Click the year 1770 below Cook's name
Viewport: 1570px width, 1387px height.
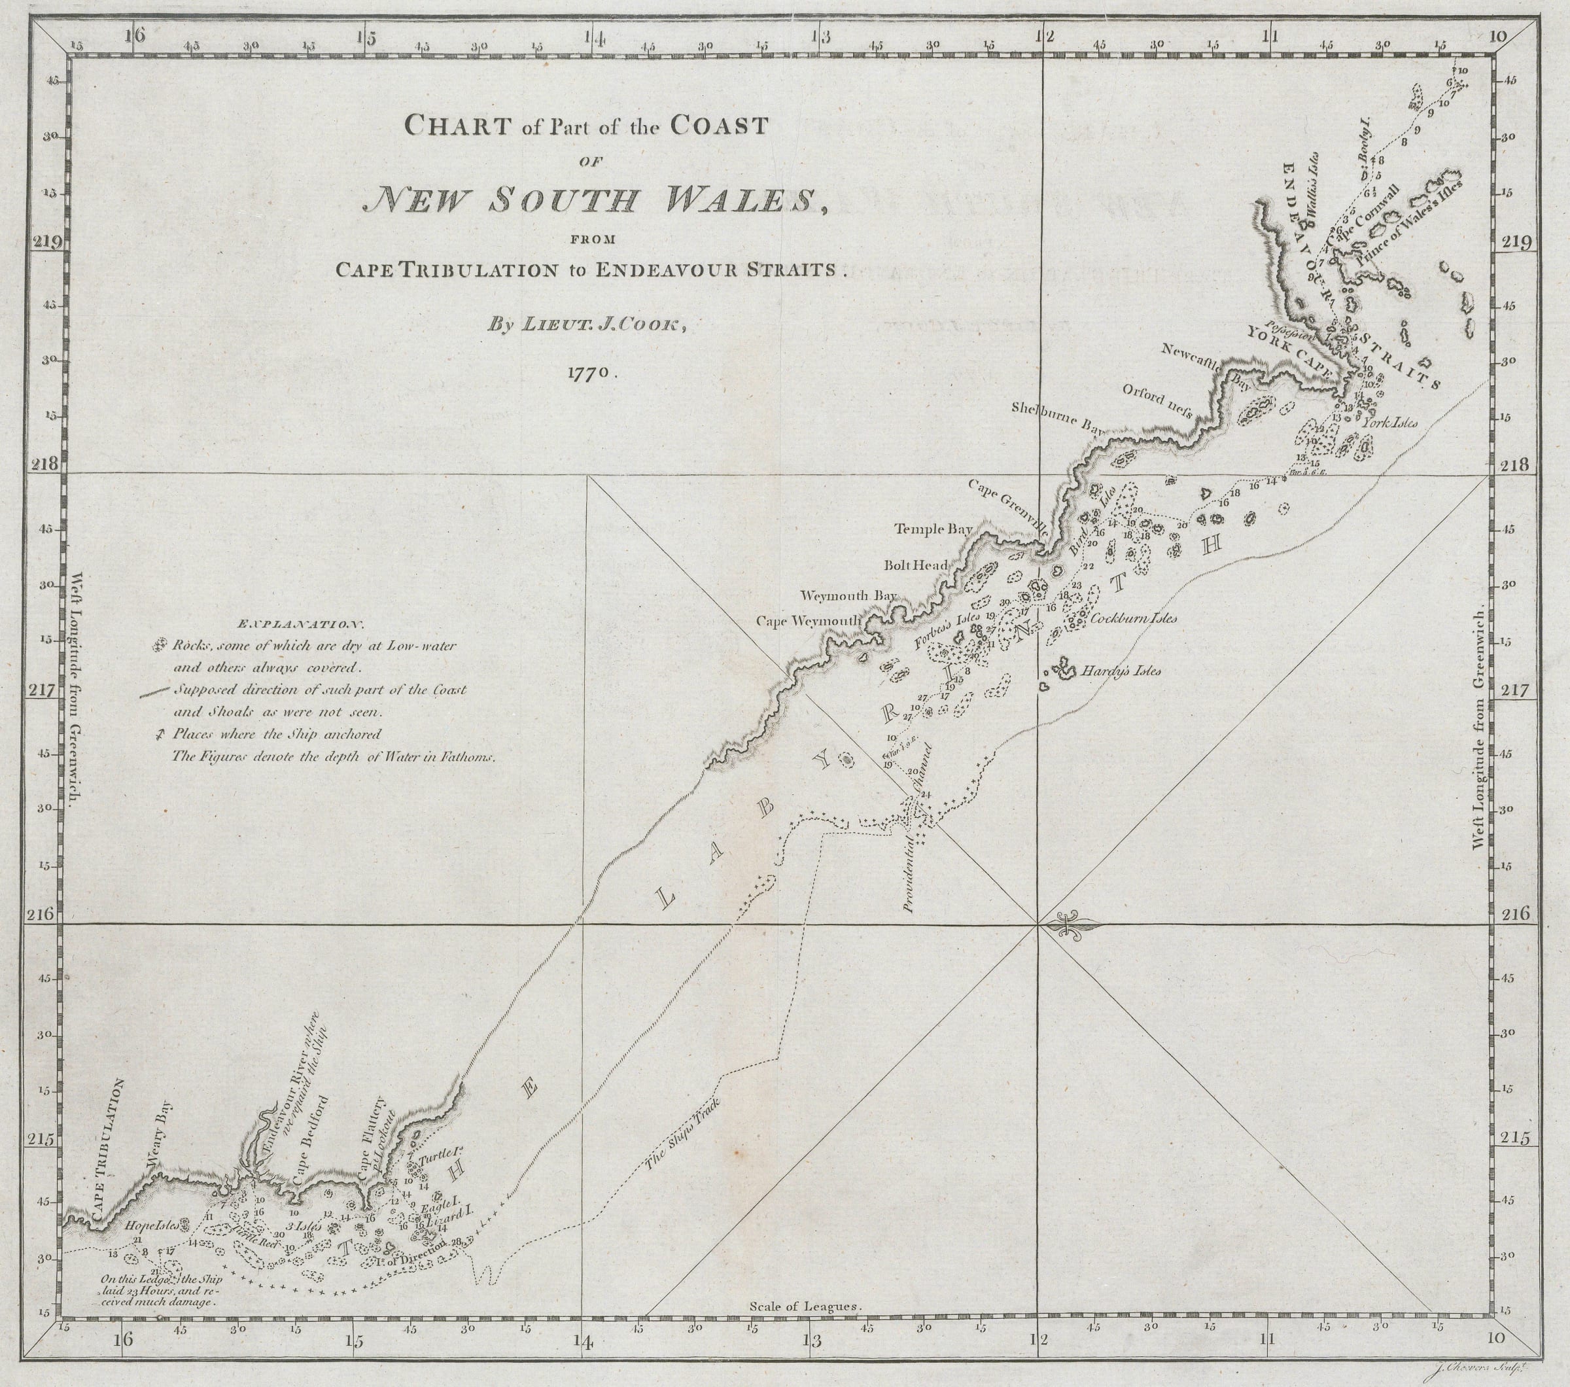[590, 372]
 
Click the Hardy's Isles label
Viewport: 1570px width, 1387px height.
[1120, 671]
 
